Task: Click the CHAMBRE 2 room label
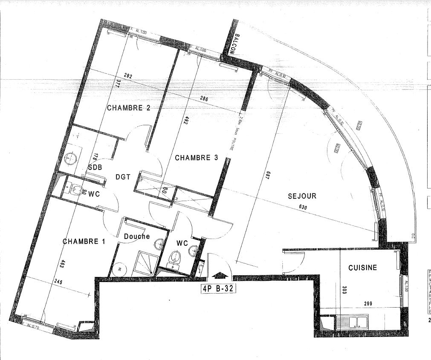(128, 108)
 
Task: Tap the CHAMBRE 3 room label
(197, 158)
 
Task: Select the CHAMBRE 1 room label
(84, 242)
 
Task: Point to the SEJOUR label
(302, 196)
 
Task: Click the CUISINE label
(362, 268)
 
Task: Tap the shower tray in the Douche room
(145, 263)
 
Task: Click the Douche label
(136, 236)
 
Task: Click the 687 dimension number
(267, 174)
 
